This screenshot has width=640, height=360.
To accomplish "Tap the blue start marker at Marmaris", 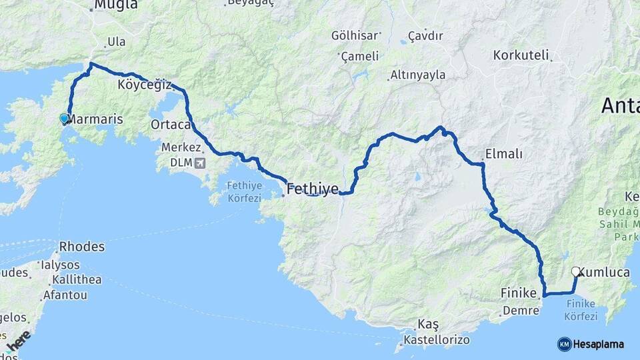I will click(x=64, y=119).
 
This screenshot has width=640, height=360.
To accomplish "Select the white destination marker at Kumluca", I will click(x=575, y=271).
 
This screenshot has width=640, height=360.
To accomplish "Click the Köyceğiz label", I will click(x=144, y=85).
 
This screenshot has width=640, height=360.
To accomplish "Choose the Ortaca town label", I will click(x=171, y=125).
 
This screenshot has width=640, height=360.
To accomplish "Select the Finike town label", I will click(x=519, y=293).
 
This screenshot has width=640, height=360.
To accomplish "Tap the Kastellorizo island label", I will click(x=437, y=340).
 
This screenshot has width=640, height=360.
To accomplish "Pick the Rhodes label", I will click(x=82, y=247).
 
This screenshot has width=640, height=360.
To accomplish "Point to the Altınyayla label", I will click(x=418, y=75).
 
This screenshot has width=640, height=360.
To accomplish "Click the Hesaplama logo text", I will click(x=599, y=344).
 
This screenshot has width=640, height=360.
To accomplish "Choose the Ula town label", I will click(x=116, y=42).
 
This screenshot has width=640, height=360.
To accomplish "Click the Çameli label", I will click(x=359, y=57).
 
